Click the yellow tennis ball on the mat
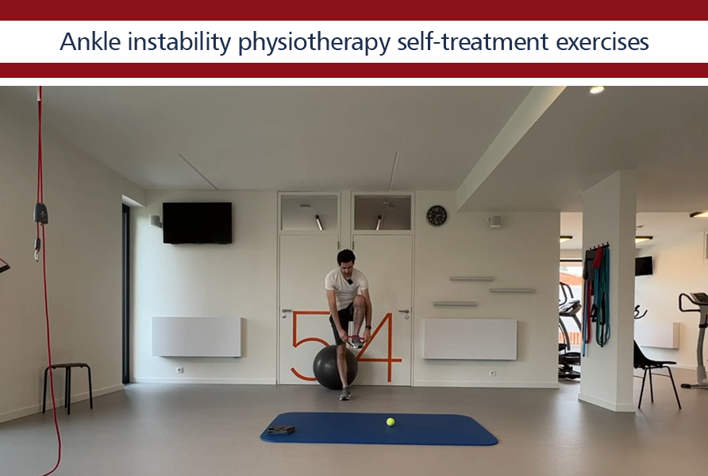[390, 422]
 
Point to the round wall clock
[437, 215]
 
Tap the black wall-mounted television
[197, 223]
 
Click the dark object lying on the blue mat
[280, 430]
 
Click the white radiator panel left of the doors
[197, 337]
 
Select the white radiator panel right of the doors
[469, 339]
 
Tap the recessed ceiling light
[596, 90]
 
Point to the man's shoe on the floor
[345, 393]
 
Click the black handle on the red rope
[40, 213]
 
